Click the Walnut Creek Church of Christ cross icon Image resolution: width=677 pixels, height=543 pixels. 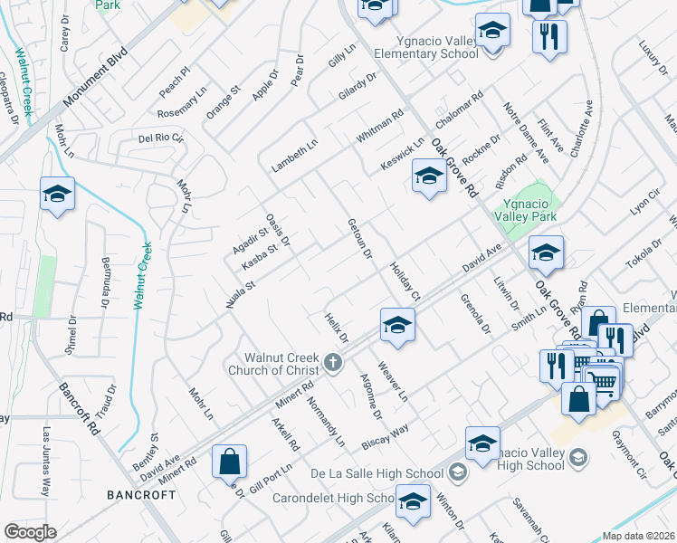click(333, 364)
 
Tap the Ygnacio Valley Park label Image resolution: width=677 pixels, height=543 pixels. click(527, 209)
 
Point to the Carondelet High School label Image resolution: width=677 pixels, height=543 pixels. click(340, 499)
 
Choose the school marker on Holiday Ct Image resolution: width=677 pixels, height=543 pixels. click(397, 324)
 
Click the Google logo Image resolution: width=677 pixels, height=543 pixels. click(30, 532)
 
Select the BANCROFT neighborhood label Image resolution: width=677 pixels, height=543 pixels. click(140, 495)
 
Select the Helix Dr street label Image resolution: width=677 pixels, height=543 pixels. click(336, 327)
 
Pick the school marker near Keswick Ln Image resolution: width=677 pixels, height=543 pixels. click(429, 176)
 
